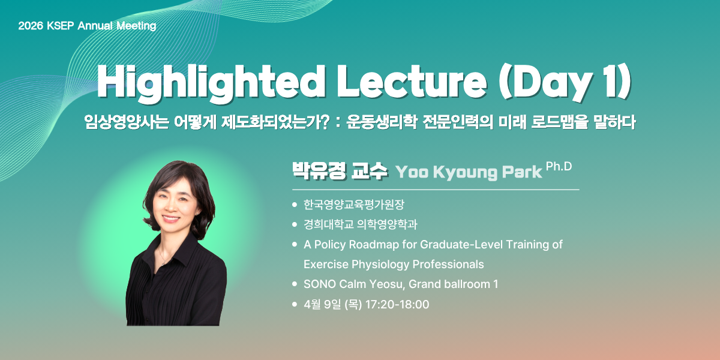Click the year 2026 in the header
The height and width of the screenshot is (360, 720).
31,26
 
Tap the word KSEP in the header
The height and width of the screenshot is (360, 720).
61,26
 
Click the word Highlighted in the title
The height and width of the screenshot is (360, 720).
211,82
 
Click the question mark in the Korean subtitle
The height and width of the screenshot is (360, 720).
325,122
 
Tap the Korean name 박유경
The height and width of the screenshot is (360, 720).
319,170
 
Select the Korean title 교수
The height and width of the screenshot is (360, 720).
369,170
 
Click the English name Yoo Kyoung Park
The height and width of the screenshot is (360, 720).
469,172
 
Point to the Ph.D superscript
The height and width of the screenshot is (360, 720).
559,166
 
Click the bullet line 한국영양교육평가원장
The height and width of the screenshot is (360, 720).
353,205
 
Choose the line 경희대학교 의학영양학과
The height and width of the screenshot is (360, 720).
361,224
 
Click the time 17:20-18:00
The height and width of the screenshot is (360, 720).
397,304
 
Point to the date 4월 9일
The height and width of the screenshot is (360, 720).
322,304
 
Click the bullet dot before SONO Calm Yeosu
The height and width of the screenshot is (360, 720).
295,284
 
